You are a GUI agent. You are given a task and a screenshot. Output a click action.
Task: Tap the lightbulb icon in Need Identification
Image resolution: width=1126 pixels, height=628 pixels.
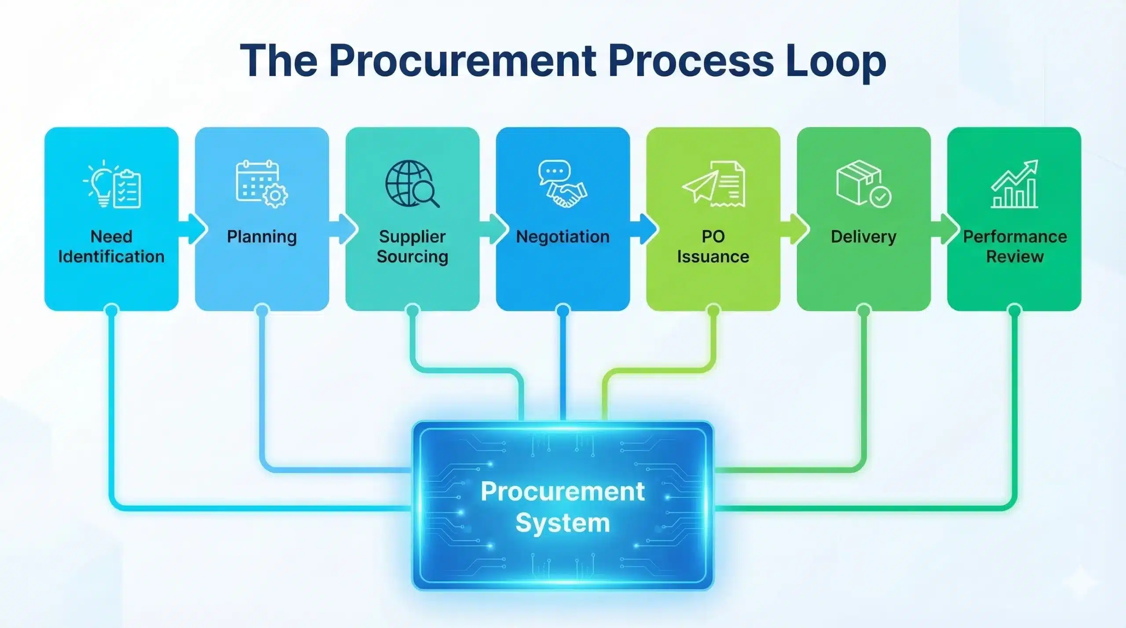coord(100,184)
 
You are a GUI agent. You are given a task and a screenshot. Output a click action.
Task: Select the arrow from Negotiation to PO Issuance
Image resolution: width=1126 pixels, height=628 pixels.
coord(644,229)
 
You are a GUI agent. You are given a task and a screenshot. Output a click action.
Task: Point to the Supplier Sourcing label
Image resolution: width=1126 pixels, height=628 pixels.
coord(412,247)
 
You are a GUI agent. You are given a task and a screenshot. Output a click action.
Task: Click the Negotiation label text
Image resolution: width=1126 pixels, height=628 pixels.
coord(563,237)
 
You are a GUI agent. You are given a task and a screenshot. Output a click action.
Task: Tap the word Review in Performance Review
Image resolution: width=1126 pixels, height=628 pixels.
coord(1015,257)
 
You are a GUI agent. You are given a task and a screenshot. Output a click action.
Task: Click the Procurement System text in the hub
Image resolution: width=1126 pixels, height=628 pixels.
coord(563,506)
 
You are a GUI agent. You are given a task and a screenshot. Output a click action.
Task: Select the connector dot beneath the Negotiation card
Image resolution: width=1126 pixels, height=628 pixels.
coord(563,311)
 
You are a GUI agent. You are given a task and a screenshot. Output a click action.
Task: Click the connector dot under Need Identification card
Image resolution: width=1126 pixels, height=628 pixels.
coord(112,311)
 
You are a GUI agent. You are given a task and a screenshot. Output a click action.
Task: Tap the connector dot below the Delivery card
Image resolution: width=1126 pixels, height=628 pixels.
coord(864,311)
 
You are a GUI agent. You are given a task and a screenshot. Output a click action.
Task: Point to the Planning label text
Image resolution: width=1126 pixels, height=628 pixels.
coord(262,237)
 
